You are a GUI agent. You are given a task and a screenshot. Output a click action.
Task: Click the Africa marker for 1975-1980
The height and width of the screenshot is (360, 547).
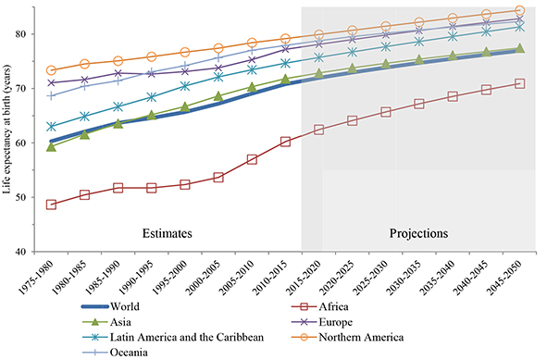point(51,205)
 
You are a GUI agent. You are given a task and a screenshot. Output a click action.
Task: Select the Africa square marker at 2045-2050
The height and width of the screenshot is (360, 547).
point(519,83)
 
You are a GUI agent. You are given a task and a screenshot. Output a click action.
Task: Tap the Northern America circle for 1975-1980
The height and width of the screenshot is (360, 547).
point(51,70)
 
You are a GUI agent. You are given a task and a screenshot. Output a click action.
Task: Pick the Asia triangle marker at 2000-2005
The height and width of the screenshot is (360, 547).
point(218,96)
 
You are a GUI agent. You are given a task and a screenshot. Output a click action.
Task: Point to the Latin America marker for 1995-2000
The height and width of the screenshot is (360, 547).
point(185,86)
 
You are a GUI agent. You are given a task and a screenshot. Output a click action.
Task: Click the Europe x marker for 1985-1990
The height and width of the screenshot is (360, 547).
point(118,73)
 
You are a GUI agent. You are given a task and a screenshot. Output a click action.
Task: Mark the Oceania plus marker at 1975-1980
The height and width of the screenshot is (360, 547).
point(51,95)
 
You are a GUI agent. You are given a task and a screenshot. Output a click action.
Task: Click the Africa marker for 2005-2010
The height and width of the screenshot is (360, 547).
point(252,160)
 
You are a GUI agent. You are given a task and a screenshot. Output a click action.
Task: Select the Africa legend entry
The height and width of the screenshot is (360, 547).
point(320,306)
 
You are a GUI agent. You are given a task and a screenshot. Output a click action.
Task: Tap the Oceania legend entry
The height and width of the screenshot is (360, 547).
point(115,353)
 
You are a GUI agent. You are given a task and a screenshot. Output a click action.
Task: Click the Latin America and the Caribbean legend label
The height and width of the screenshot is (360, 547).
point(187,337)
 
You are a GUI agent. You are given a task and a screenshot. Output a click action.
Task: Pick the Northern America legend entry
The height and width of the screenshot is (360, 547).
point(347,337)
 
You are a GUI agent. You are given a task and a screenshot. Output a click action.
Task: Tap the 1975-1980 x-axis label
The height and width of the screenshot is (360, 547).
point(37,278)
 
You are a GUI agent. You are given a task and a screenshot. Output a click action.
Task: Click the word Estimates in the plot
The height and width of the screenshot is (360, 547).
point(168,233)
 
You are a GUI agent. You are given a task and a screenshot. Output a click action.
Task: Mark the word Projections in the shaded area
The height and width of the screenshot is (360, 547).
point(418,233)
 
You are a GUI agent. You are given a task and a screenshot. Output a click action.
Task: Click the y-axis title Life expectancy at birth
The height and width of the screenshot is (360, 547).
point(7,130)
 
